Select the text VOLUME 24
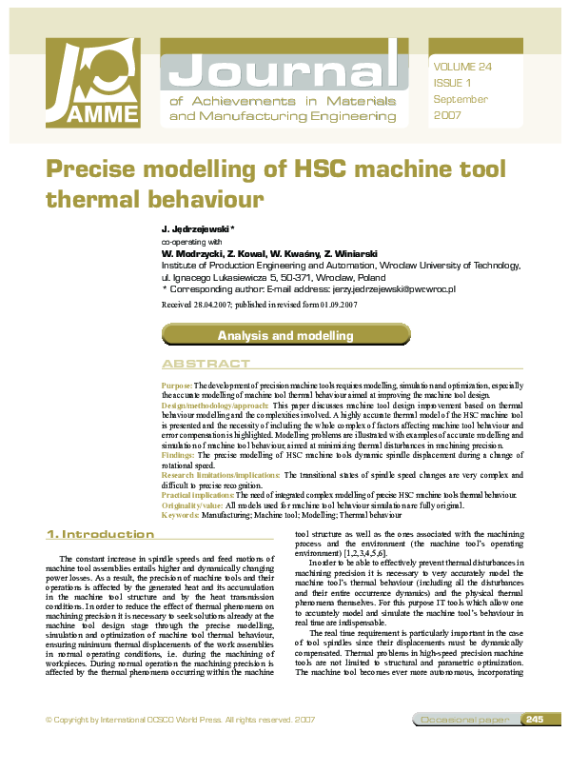point(462,67)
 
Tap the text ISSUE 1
point(452,83)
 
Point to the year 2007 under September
point(446,115)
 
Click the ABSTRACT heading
point(206,365)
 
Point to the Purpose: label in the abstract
point(177,383)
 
